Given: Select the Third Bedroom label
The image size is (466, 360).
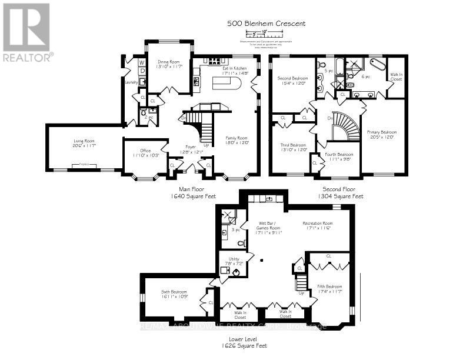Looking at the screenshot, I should pos(292,147).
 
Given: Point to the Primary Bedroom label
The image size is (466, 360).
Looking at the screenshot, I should pos(382,134).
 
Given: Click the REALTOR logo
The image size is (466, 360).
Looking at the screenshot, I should pos(27,32).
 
